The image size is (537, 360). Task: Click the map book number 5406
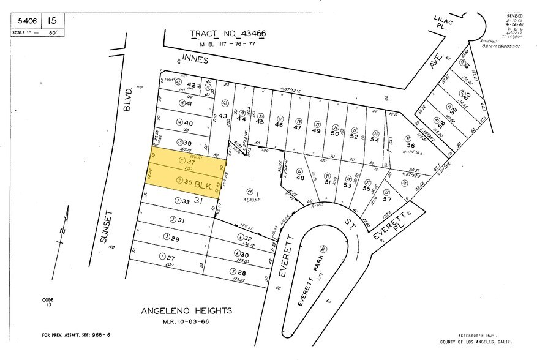click(24, 20)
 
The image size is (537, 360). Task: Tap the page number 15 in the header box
click(53, 20)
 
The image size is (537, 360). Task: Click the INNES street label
click(195, 61)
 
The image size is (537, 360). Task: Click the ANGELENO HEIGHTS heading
click(186, 310)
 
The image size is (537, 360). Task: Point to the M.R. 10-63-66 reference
click(186, 321)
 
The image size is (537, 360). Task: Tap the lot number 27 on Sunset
click(171, 258)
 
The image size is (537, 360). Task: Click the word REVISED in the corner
click(516, 16)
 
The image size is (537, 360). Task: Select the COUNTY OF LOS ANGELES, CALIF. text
click(477, 341)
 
